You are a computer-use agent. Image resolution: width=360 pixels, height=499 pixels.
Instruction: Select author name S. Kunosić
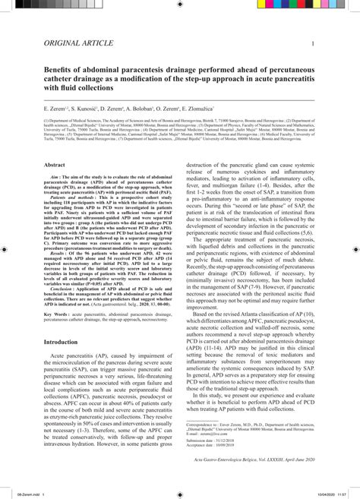click(87, 110)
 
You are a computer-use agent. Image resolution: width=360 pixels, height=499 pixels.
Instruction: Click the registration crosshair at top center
click(180, 10)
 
